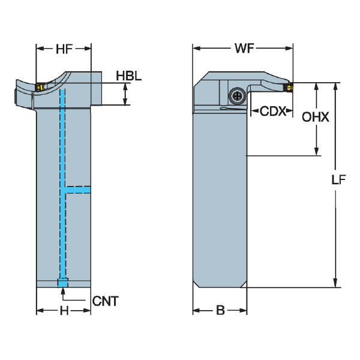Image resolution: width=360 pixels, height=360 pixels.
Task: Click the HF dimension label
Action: click(x=64, y=49)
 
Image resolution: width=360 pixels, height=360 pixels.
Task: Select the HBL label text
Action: click(x=128, y=76)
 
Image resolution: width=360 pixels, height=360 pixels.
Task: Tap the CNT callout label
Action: click(x=106, y=301)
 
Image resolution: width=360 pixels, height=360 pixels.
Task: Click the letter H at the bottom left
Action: click(x=64, y=311)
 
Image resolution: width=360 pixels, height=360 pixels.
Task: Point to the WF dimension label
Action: click(x=244, y=48)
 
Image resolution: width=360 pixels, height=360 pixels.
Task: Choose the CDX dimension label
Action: click(x=273, y=111)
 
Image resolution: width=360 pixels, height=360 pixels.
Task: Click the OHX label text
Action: click(x=315, y=117)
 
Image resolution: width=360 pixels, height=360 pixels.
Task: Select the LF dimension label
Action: click(x=338, y=179)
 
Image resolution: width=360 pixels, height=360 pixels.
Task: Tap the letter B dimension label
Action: click(x=220, y=310)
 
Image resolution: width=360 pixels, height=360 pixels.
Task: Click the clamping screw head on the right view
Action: click(x=237, y=95)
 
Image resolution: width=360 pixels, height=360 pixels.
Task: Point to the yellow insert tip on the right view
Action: click(x=289, y=87)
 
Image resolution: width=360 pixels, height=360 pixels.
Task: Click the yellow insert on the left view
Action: click(x=40, y=87)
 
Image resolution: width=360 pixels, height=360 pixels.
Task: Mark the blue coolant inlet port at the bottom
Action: click(x=62, y=283)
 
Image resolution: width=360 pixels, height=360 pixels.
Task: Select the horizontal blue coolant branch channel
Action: click(x=78, y=190)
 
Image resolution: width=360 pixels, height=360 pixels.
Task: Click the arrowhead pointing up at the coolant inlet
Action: click(x=62, y=290)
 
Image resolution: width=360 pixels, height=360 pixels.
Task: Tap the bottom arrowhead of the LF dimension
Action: click(x=335, y=283)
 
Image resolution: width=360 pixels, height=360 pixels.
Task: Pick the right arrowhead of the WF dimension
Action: click(x=289, y=48)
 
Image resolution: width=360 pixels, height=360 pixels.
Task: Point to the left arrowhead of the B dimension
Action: click(x=197, y=311)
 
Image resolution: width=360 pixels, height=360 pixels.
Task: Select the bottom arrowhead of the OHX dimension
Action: click(x=316, y=151)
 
